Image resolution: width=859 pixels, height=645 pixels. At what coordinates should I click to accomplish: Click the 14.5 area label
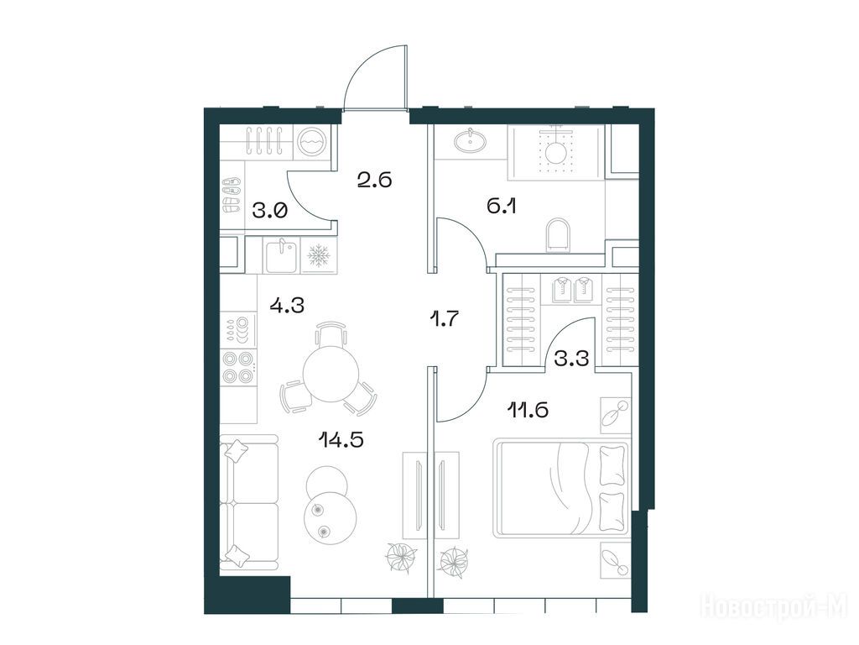click(341, 439)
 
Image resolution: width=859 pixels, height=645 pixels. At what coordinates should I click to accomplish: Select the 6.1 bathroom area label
click(502, 207)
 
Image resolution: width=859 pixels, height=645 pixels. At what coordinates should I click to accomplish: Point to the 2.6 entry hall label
click(374, 180)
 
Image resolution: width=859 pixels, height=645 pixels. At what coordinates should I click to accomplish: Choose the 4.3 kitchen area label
click(287, 304)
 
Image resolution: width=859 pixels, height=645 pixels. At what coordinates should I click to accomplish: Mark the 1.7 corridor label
click(443, 318)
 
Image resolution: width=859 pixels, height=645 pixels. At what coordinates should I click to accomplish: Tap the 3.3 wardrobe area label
click(571, 359)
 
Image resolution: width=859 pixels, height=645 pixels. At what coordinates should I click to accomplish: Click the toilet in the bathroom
click(558, 236)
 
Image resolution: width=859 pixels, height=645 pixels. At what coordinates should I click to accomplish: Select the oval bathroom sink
click(470, 140)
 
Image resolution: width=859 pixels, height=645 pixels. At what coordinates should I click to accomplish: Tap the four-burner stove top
click(239, 368)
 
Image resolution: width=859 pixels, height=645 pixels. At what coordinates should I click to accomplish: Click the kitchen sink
click(283, 255)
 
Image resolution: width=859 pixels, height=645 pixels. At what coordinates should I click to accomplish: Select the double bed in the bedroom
click(561, 488)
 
